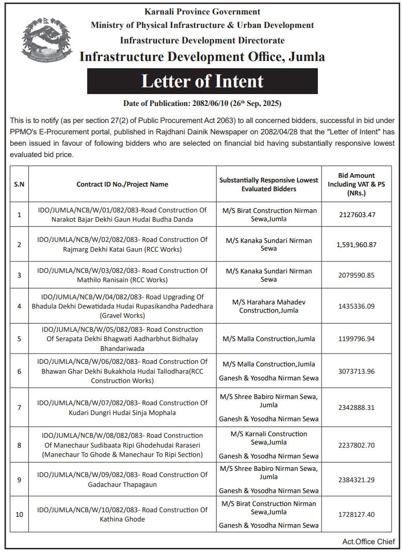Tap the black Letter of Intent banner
coord(202,81)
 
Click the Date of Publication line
coord(202,103)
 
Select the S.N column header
coord(19,184)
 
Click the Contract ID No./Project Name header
coord(122,184)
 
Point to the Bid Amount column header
coord(356,184)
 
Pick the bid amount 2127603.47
coord(356,214)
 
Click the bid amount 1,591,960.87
coord(356,244)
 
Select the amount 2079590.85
coord(356,274)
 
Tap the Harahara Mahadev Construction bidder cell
coord(268,306)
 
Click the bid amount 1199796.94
coord(356,339)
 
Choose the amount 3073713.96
coord(356,371)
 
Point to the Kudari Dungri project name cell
coord(122,407)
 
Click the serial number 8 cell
coord(19,445)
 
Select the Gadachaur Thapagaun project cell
coord(122,479)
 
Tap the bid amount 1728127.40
coord(356,514)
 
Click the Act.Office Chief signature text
coord(368,541)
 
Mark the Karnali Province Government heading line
coord(202,11)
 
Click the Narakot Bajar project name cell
coord(122,214)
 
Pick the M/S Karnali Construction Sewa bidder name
coord(268,438)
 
